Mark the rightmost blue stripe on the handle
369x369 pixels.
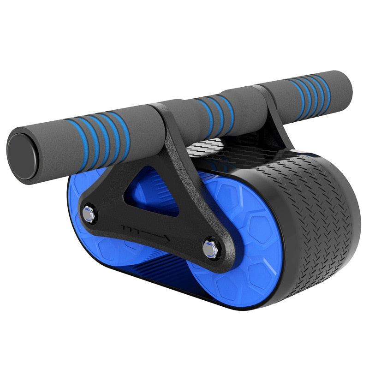326,93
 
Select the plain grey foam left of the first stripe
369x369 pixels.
46,143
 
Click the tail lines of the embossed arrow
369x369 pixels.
129,227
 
